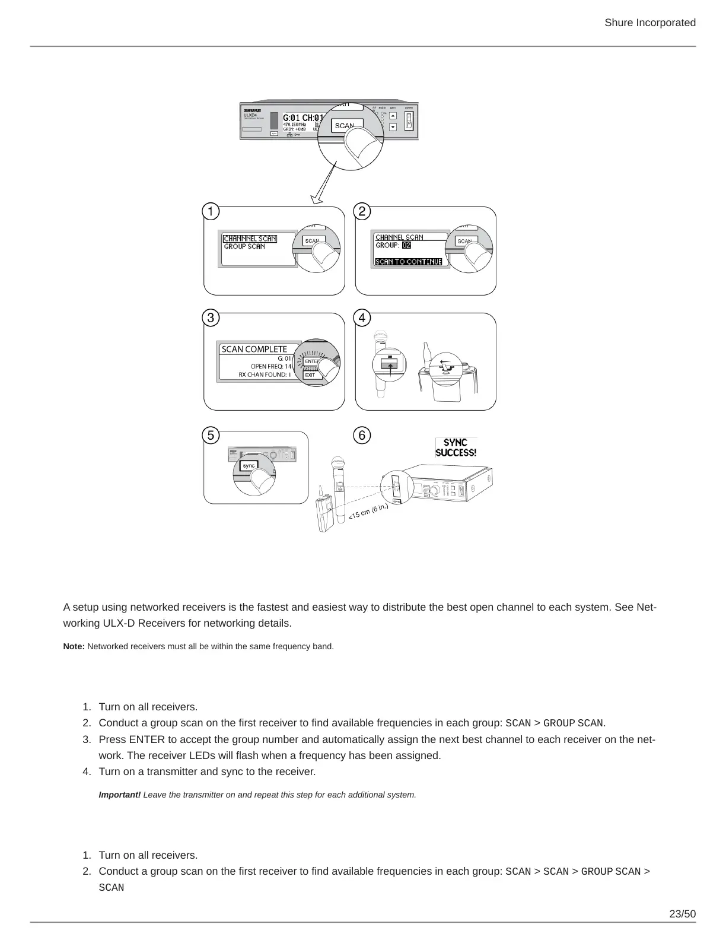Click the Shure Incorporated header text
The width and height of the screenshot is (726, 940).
(x=649, y=23)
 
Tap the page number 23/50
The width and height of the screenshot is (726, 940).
(x=682, y=913)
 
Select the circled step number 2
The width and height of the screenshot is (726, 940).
(x=362, y=212)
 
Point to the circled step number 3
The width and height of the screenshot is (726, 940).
(x=211, y=318)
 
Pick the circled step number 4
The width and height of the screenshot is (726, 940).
(x=362, y=318)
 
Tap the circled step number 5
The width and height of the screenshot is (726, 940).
(x=211, y=435)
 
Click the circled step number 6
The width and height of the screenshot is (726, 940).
(x=362, y=435)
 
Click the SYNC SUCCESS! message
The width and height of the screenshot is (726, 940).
(x=456, y=447)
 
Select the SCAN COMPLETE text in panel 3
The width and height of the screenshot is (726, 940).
(x=254, y=349)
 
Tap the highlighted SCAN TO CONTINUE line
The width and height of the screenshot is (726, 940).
(x=409, y=262)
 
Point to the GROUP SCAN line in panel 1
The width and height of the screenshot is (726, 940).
(x=244, y=246)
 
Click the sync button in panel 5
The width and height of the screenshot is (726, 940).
(x=249, y=466)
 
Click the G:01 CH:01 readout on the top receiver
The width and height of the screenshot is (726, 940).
(x=302, y=117)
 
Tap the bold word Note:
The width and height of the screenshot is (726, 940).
(x=74, y=646)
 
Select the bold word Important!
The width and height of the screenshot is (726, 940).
(x=120, y=795)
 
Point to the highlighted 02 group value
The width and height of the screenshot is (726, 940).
(x=406, y=245)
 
